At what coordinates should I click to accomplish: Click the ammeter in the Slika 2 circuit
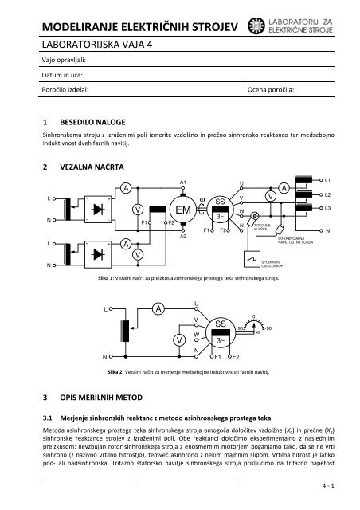tap(158, 308)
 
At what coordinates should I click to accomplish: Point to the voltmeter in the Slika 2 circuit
tap(177, 339)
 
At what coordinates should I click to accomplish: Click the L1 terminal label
tap(328, 181)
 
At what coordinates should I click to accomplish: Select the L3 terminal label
tap(328, 208)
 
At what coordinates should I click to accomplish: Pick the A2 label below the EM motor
tap(183, 237)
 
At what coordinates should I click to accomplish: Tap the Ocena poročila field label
tap(272, 92)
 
